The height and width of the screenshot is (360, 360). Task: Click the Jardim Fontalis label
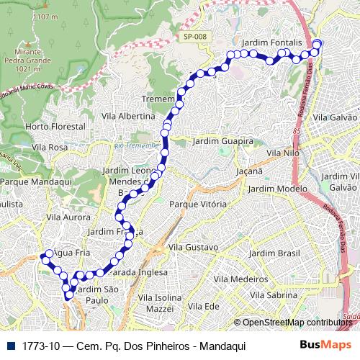click(271, 43)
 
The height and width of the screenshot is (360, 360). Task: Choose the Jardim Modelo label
click(272, 188)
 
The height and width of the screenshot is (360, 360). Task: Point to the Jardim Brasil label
click(273, 253)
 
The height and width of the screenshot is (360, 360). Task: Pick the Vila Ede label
click(202, 306)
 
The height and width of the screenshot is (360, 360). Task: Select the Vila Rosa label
click(50, 147)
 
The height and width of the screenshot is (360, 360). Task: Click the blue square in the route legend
click(11, 346)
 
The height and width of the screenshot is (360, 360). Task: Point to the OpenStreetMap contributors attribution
click(296, 323)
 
